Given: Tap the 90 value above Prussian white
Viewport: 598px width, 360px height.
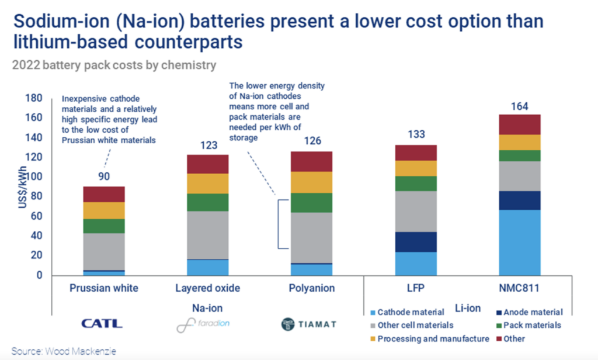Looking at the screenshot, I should tap(104, 177).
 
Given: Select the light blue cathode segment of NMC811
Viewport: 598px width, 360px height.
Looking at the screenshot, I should tap(520, 243).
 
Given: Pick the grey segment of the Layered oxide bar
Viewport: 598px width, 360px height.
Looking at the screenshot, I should tap(208, 235).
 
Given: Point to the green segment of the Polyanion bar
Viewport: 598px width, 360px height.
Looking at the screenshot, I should tap(312, 202).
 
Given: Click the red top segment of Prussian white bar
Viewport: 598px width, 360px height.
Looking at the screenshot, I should tap(104, 194).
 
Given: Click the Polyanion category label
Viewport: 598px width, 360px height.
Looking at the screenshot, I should tap(312, 288).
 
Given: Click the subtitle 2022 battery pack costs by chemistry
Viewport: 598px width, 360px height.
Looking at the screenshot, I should tap(114, 65).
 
